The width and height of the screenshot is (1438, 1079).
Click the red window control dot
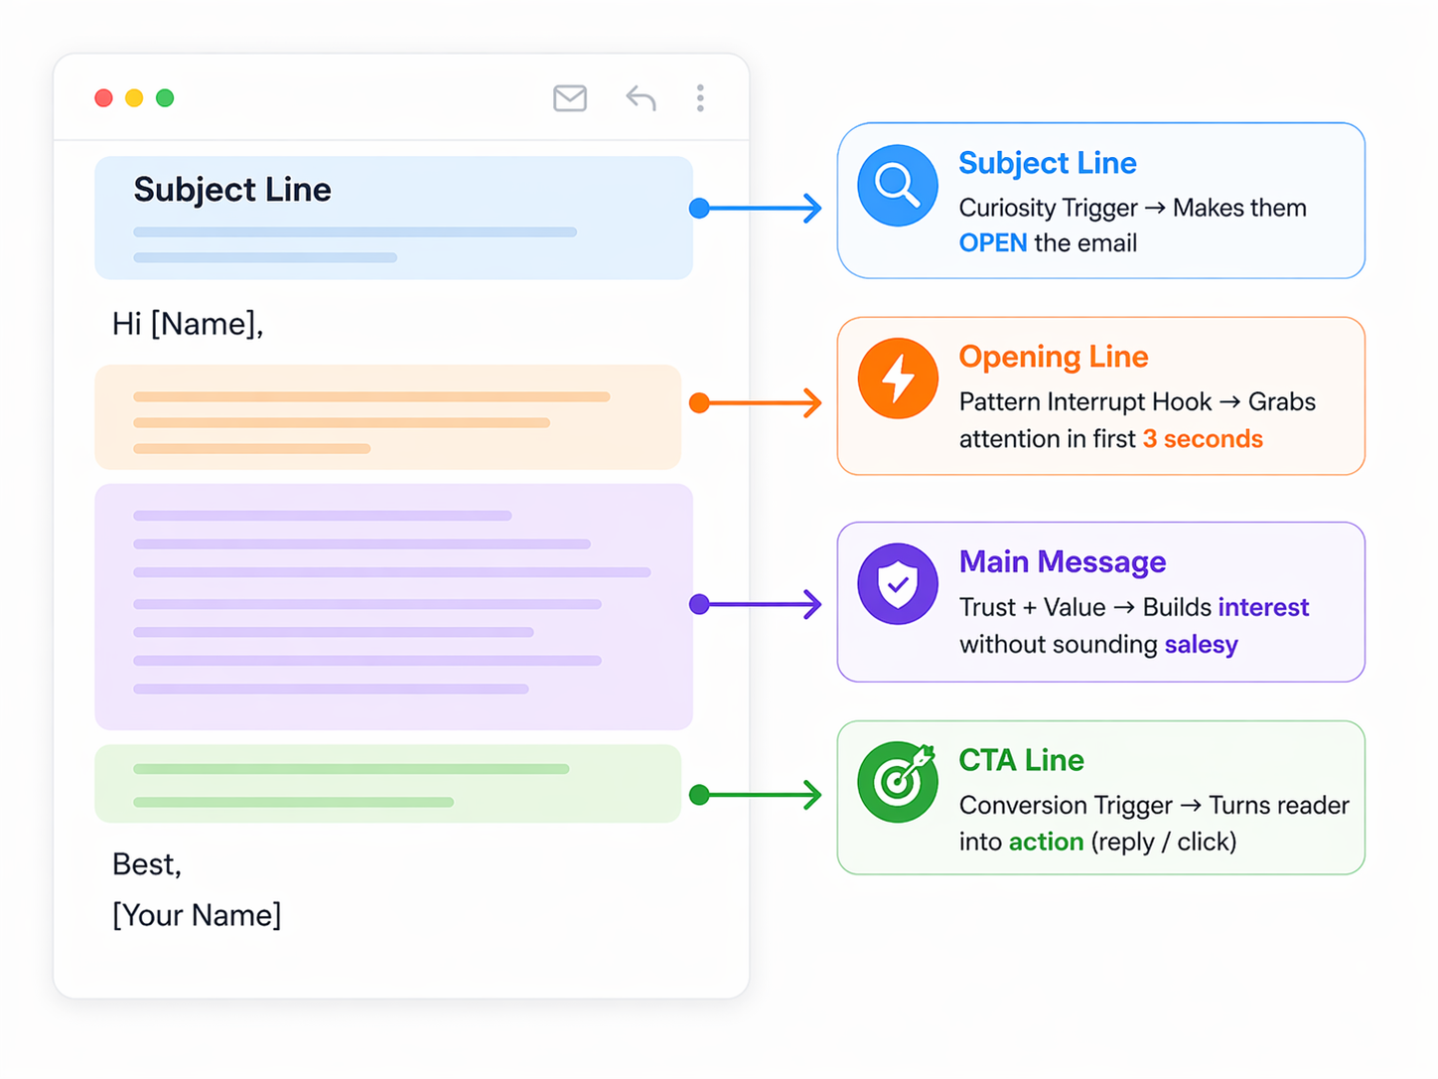[103, 97]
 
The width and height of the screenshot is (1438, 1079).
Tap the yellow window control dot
[134, 97]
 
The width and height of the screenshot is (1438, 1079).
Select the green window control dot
[165, 97]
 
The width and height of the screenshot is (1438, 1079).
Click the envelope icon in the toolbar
[570, 98]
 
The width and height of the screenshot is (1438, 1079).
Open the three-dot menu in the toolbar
[700, 98]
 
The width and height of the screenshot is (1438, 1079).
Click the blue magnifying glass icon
[897, 186]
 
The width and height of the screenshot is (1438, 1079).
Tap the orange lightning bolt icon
[897, 379]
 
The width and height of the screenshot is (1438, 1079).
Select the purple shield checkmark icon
[897, 584]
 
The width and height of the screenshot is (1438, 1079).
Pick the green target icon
[897, 782]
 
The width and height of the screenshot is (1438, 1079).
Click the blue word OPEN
[992, 243]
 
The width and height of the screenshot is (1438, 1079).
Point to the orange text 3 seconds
[1202, 439]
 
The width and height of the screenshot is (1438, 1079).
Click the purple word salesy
[1201, 645]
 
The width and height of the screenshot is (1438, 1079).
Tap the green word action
[1046, 842]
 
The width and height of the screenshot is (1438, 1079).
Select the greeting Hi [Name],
[188, 324]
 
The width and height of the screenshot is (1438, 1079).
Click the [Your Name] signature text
[197, 915]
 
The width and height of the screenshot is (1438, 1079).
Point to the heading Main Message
[1062, 562]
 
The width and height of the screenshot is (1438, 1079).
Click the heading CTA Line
[1021, 760]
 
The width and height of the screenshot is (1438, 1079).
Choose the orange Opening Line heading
[1053, 357]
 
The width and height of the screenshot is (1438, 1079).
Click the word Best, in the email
[147, 864]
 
